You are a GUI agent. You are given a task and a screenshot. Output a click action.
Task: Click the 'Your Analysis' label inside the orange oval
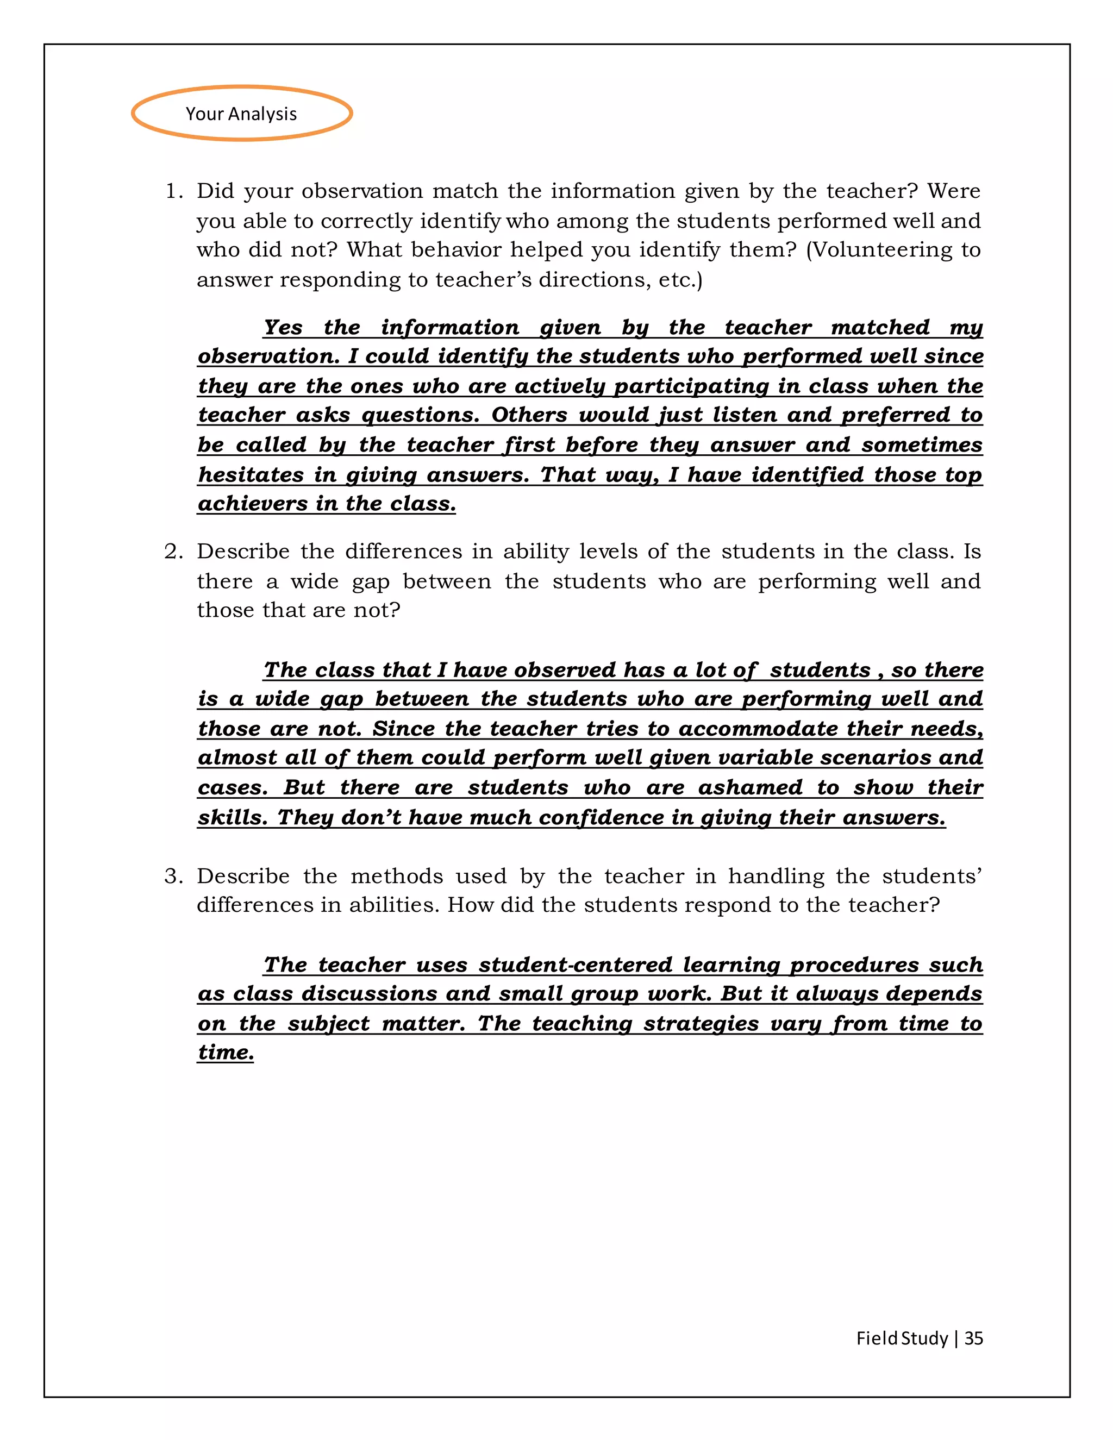[241, 114]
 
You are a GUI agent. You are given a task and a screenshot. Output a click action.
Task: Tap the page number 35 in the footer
[973, 1338]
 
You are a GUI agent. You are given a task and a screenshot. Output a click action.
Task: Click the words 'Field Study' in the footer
[902, 1338]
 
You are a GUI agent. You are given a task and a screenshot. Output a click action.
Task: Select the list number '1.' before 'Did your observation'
[174, 191]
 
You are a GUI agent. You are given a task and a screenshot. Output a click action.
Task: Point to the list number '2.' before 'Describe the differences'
[174, 551]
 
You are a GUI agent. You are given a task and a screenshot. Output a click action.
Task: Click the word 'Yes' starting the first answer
[283, 327]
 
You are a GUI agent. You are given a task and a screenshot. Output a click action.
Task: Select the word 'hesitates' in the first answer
[251, 475]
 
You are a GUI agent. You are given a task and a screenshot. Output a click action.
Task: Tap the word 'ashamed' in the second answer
[749, 787]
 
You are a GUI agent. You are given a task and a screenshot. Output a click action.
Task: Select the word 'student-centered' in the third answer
[575, 965]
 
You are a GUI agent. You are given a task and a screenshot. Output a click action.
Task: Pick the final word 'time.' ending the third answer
[226, 1053]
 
